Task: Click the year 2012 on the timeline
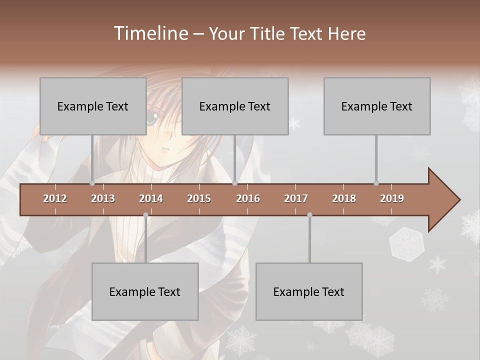(x=55, y=198)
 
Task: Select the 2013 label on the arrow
(x=103, y=198)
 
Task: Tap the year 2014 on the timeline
(x=151, y=198)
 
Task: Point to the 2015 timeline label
(x=199, y=198)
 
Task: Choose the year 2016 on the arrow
(x=248, y=198)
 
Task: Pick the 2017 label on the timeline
(x=296, y=198)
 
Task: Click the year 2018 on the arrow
(x=344, y=198)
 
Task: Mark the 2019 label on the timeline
(x=392, y=198)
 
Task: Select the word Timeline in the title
(x=150, y=33)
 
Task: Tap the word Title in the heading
(x=269, y=33)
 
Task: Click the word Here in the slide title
(x=346, y=33)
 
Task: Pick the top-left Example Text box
(x=93, y=106)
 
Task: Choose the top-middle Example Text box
(x=235, y=106)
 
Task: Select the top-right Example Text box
(x=377, y=106)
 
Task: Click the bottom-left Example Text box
(x=145, y=291)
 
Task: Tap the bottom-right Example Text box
(x=309, y=291)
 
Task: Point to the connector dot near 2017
(x=309, y=215)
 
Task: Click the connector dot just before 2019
(x=376, y=183)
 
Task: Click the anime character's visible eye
(x=151, y=118)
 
